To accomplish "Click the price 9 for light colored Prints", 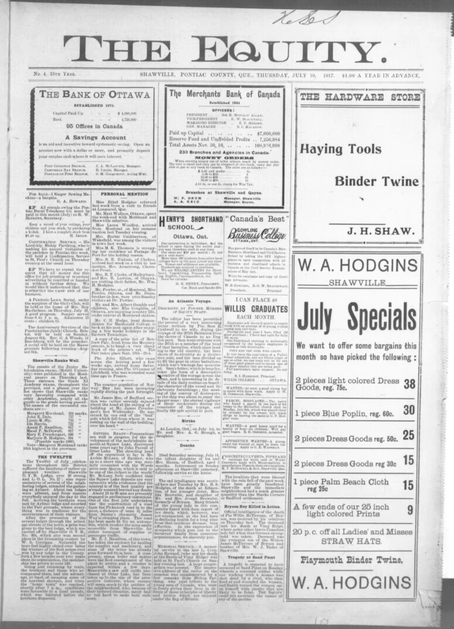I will [x=393, y=509].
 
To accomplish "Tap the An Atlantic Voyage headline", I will [x=189, y=283].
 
